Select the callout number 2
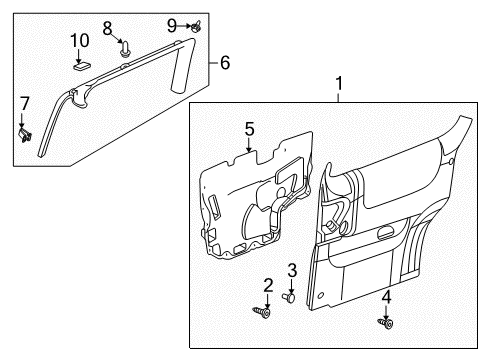pyautogui.click(x=268, y=286)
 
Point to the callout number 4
pyautogui.click(x=387, y=295)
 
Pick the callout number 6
pyautogui.click(x=224, y=62)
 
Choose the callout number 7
pyautogui.click(x=25, y=102)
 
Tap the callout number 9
pyautogui.click(x=171, y=24)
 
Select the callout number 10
pyautogui.click(x=80, y=40)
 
